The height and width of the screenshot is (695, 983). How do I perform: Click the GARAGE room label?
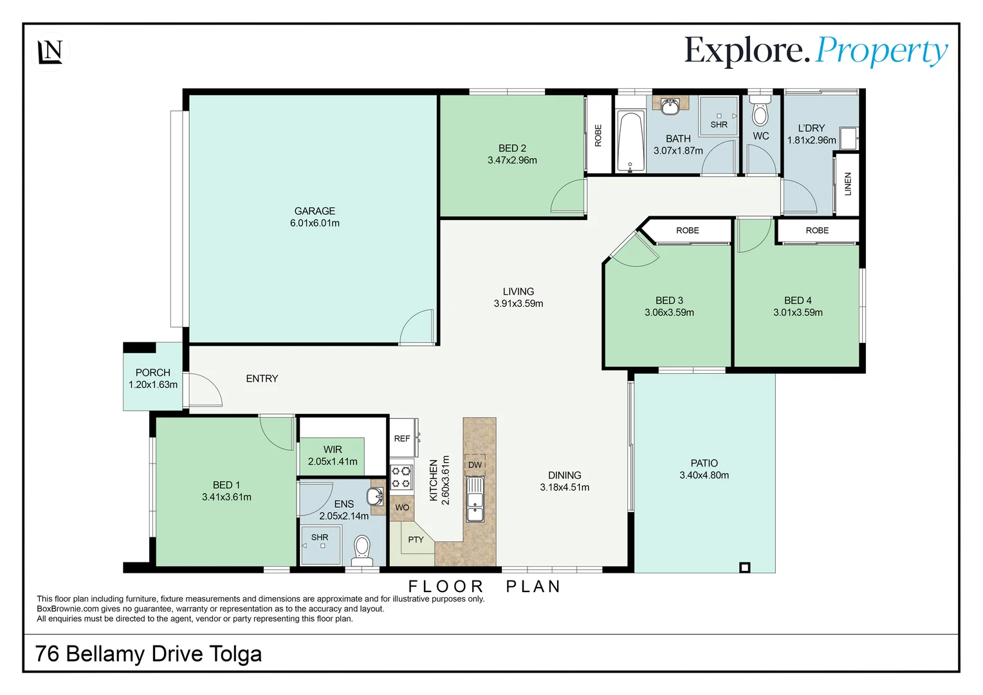click(315, 211)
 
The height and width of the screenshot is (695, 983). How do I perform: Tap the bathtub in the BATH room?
click(630, 141)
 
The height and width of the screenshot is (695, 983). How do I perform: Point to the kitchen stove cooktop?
click(401, 477)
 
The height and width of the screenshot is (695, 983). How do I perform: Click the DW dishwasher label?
click(475, 465)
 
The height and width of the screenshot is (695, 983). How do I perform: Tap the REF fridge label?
click(402, 438)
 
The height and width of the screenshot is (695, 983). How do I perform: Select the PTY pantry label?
click(416, 539)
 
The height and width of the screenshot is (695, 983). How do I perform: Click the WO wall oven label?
click(402, 507)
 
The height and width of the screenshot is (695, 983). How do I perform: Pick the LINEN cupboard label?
click(848, 184)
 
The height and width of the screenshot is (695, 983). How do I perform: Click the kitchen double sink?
click(475, 499)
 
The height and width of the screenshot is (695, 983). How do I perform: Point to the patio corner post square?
click(745, 567)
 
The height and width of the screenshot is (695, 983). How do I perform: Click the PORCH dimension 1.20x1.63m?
click(153, 385)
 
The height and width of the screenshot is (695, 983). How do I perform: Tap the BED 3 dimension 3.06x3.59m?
click(669, 313)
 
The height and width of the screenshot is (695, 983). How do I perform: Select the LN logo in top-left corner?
click(50, 51)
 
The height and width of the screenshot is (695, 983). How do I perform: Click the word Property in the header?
click(881, 51)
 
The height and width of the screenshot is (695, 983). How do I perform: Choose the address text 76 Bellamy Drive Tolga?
click(149, 654)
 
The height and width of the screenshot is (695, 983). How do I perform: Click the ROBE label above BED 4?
click(817, 230)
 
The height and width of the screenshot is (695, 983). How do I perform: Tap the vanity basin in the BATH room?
click(670, 106)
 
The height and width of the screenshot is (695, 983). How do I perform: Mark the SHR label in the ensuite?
click(320, 537)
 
